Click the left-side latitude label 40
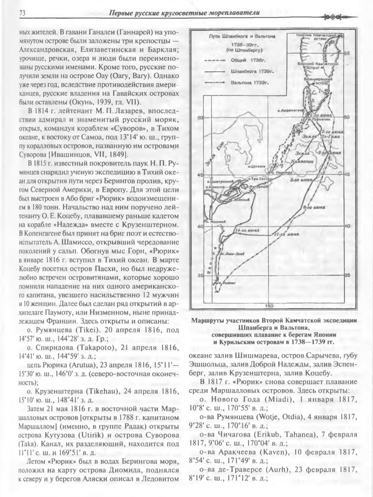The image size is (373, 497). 200,226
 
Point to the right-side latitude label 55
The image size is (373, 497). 346,53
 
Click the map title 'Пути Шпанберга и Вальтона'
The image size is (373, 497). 242,36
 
